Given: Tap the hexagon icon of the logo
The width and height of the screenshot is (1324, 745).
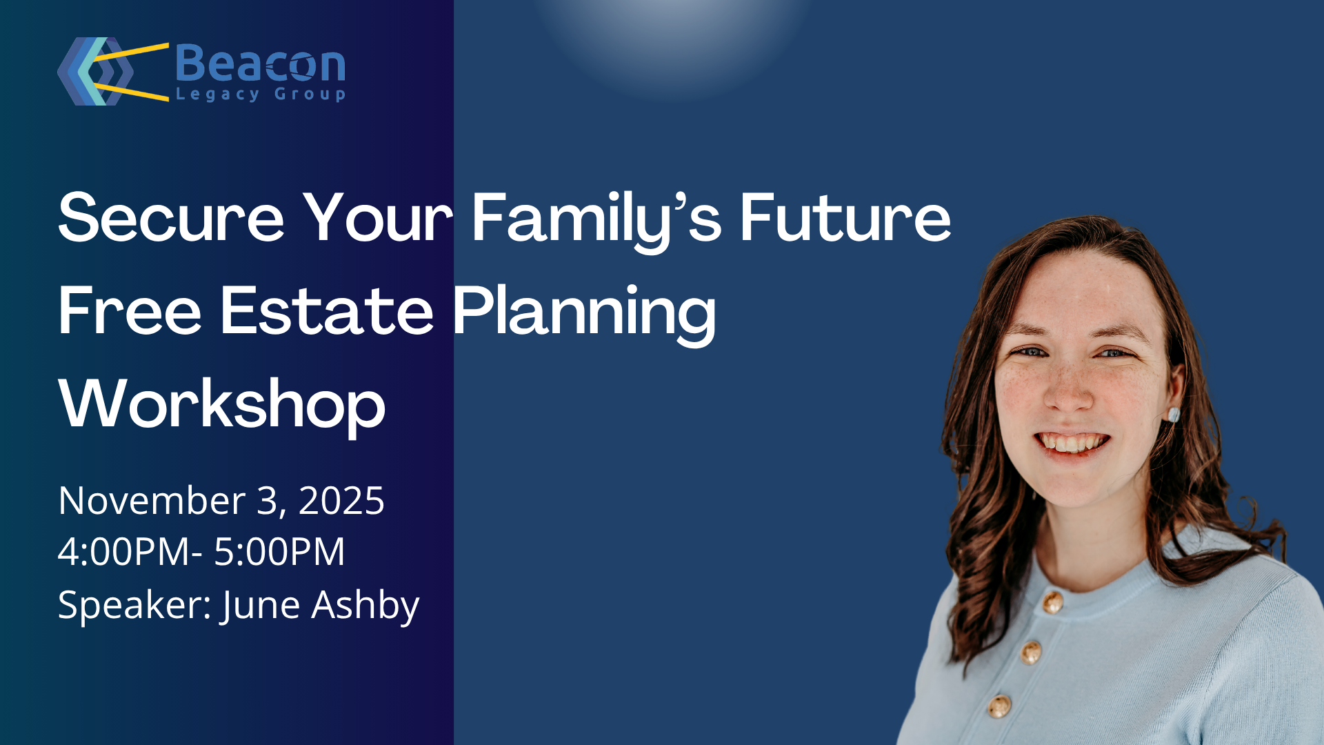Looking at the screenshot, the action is pos(95,71).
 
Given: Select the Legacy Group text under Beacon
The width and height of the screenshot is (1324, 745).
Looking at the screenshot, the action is pos(261,94).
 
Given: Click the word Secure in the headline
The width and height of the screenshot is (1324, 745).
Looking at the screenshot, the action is pos(171,217).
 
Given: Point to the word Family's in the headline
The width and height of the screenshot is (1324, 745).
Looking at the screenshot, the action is pos(596,221).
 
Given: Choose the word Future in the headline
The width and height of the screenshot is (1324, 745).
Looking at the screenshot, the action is pos(845,217).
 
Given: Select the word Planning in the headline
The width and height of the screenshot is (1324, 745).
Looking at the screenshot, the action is pos(584,315).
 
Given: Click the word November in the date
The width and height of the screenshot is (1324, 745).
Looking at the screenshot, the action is pos(152,500).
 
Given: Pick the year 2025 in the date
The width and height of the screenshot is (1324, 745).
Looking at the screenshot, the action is pos(341,500).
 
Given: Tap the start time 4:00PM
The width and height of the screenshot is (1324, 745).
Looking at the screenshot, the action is pos(125,552).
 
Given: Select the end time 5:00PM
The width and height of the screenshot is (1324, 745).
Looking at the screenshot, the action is pos(279,552).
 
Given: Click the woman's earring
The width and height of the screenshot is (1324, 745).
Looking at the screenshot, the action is pos(1173,415).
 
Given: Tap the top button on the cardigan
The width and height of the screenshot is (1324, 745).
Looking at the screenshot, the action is pos(1052,602).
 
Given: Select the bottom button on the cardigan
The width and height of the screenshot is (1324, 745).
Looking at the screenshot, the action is pos(999,706).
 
